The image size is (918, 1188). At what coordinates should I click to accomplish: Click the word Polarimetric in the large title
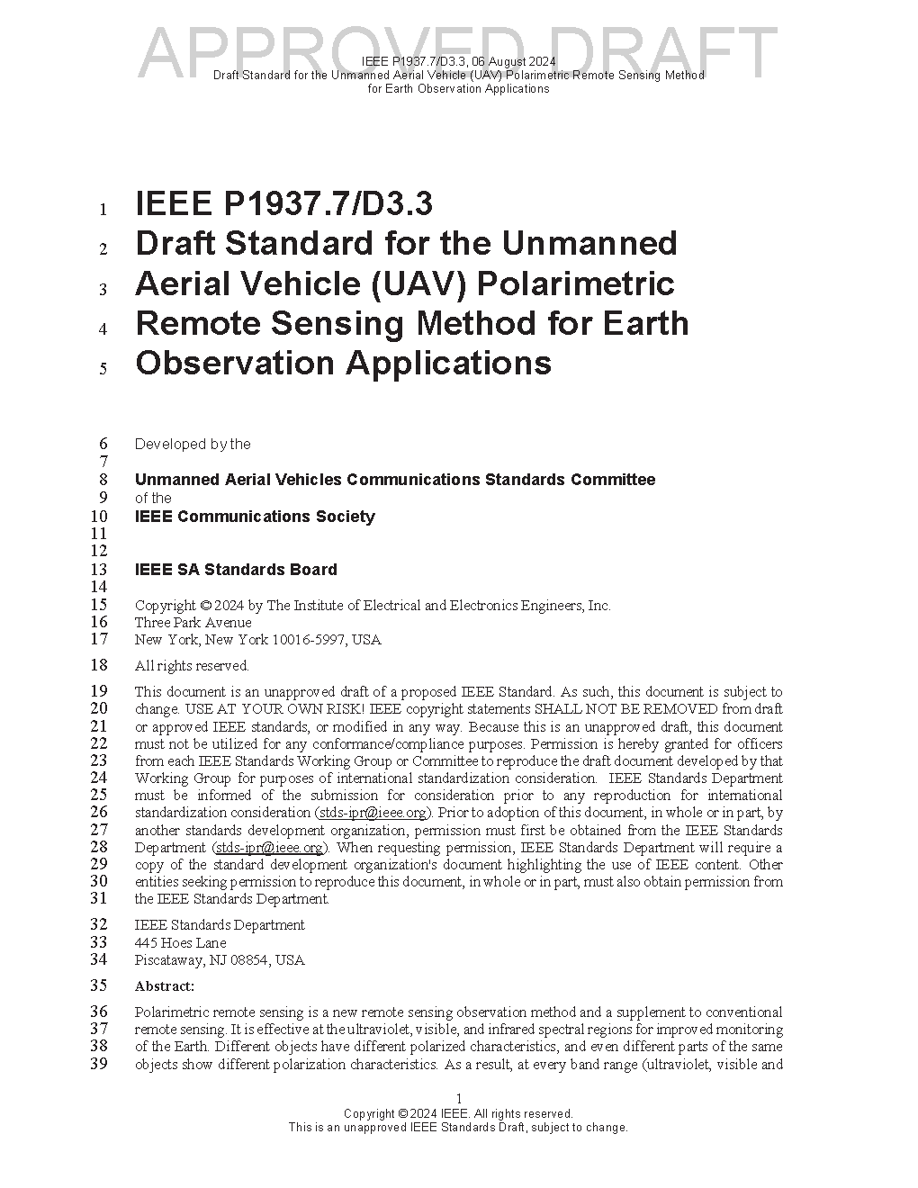[575, 283]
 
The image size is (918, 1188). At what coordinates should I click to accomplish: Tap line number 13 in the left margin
[98, 570]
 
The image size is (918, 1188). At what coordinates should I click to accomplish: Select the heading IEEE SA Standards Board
[236, 570]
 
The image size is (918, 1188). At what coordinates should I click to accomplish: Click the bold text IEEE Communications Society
[255, 517]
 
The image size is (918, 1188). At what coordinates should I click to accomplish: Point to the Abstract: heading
[165, 986]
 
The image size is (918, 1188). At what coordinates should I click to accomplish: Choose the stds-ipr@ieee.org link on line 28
[269, 848]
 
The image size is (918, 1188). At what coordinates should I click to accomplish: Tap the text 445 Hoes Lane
[180, 943]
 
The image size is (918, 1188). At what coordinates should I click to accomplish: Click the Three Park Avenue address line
[193, 623]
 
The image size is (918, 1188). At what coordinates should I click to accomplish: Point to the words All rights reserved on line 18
[192, 666]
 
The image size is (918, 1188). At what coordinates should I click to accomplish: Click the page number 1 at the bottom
[459, 1099]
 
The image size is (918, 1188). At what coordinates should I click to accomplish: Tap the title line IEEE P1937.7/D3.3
[283, 204]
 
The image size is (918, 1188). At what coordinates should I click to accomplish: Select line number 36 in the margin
[98, 1012]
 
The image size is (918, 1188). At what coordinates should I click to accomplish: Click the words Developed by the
[193, 445]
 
